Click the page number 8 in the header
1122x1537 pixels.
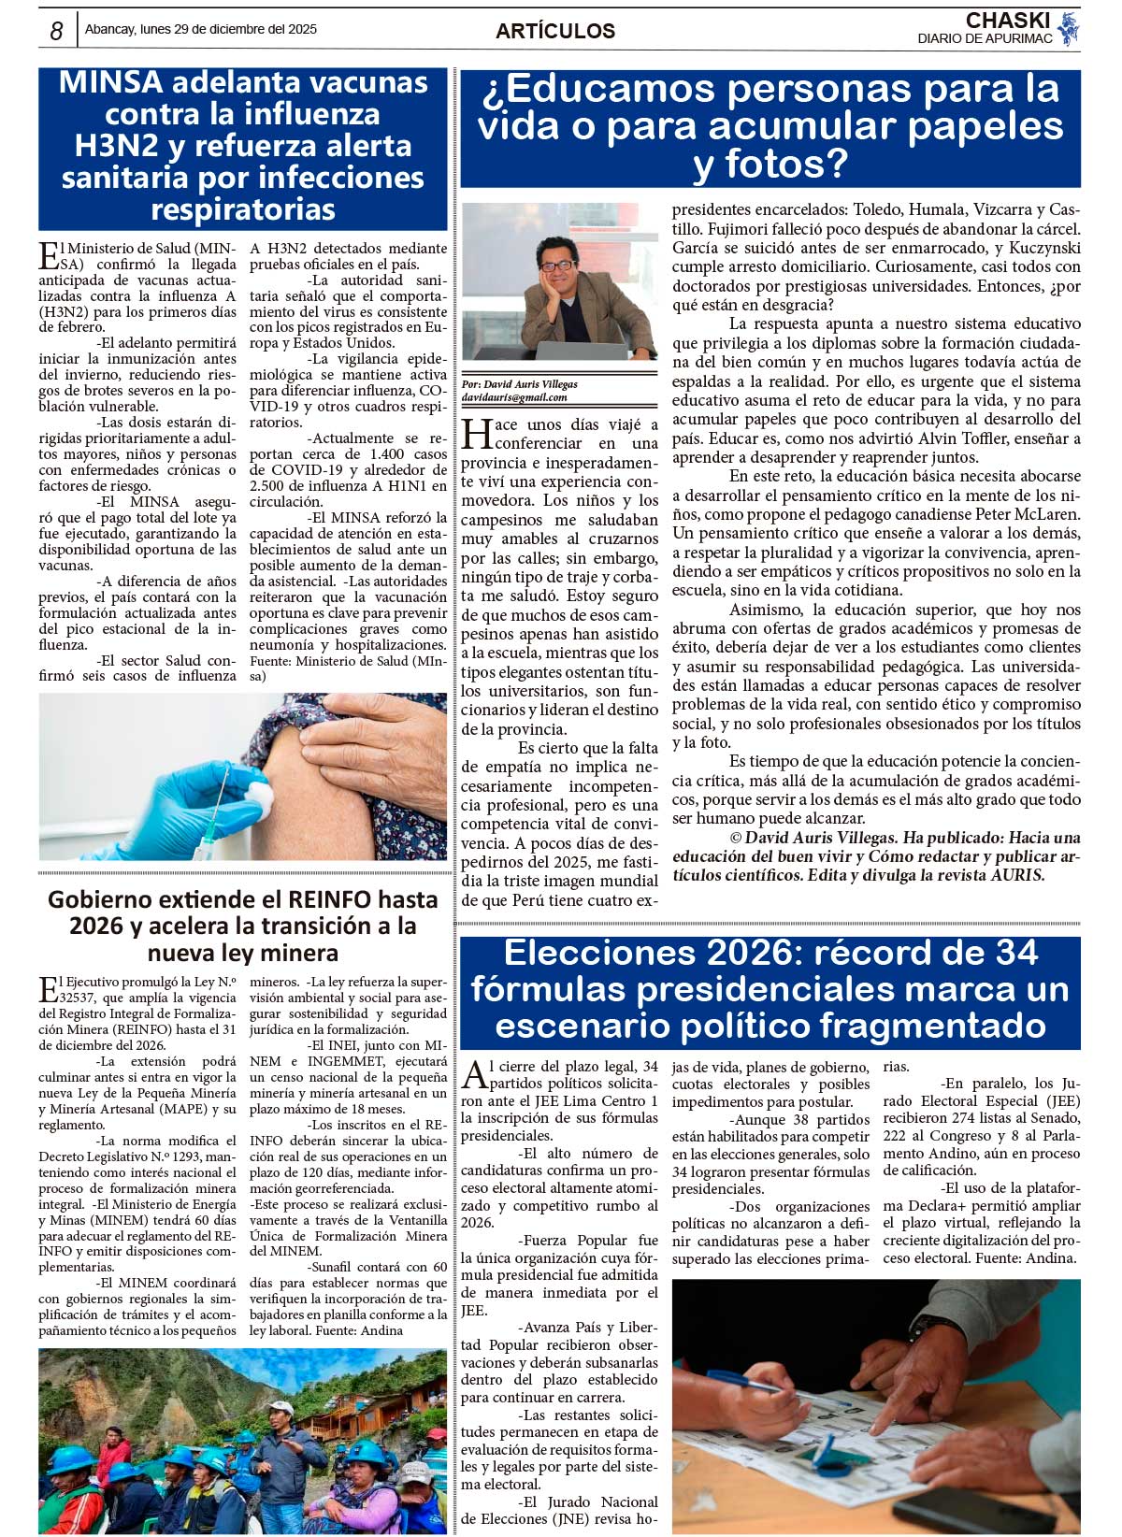tap(56, 31)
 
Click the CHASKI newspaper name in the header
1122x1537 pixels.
tap(1007, 21)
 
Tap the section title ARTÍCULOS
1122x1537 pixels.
tap(555, 31)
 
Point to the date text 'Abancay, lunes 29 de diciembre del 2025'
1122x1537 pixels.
tap(201, 29)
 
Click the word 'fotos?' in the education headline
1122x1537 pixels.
tap(770, 165)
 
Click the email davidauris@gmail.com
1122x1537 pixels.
tap(514, 397)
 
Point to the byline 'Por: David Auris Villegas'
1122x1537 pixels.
tap(520, 384)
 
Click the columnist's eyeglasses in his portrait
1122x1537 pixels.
tap(558, 266)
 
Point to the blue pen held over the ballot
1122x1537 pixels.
tap(748, 1382)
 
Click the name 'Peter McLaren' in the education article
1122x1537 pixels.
tap(1028, 514)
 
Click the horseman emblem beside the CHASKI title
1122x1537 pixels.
tap(1069, 28)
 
